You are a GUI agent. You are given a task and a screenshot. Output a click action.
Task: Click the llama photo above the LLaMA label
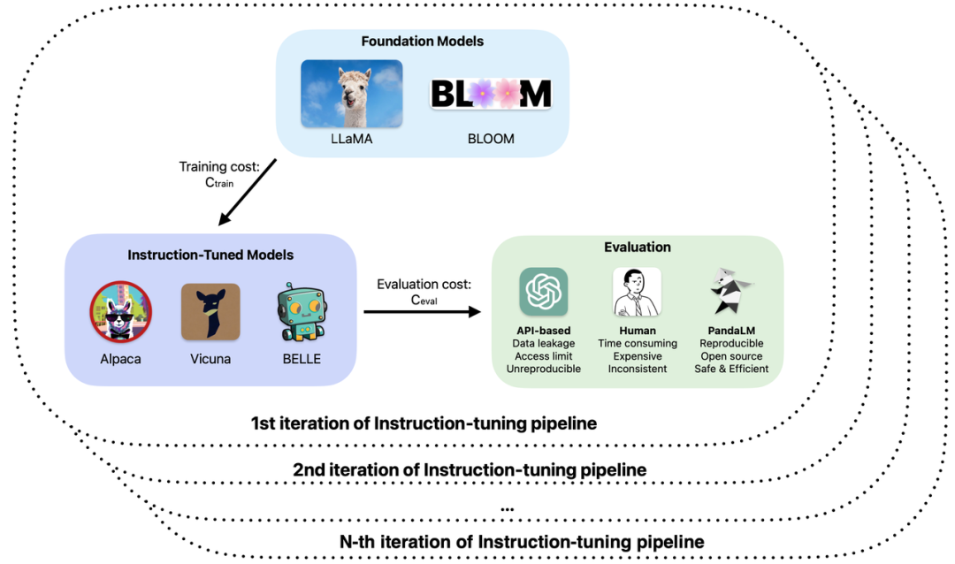click(352, 94)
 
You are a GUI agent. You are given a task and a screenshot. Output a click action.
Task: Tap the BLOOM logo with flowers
click(491, 94)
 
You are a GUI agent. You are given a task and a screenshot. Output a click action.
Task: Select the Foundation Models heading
click(422, 41)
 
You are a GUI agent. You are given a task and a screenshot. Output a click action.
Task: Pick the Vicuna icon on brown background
click(210, 312)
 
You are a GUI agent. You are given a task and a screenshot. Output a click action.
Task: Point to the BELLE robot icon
click(298, 312)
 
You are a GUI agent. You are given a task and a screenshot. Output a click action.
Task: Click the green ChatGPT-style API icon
click(544, 292)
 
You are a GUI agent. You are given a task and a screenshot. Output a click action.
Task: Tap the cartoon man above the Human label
click(637, 292)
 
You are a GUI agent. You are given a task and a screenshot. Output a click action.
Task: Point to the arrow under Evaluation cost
click(422, 311)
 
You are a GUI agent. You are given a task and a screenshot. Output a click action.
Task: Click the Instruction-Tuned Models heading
click(210, 255)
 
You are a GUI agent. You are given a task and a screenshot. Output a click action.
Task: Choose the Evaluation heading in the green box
click(637, 248)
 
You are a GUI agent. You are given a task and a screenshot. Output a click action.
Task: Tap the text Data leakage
click(544, 343)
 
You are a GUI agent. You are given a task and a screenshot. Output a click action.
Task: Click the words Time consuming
click(637, 343)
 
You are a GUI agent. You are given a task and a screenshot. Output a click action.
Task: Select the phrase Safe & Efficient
click(730, 369)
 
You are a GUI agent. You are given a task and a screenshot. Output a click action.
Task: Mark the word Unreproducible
click(544, 369)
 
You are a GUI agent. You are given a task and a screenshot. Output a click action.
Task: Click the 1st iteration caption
click(424, 423)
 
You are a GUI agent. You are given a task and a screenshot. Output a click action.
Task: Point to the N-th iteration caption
click(522, 540)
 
